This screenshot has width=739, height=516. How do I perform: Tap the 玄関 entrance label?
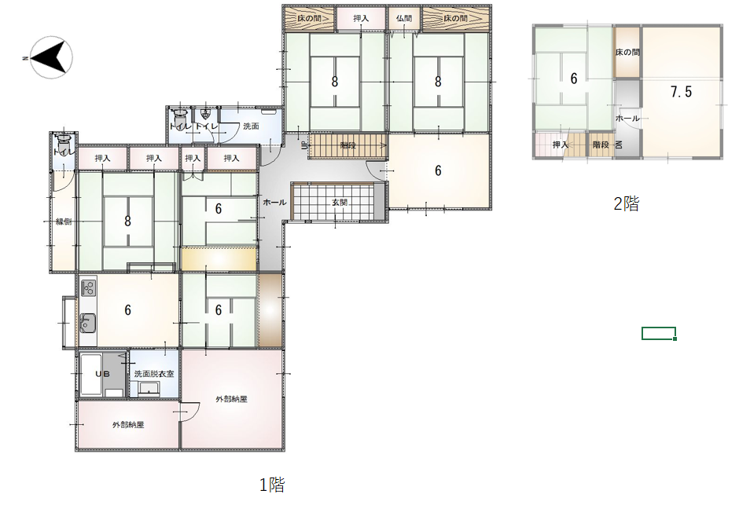(x=340, y=203)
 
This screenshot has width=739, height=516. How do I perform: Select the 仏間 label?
(x=404, y=18)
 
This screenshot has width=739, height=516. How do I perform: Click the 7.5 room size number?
(x=681, y=91)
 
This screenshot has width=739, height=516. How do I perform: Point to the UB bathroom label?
(x=102, y=374)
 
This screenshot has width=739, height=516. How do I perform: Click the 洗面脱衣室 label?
(x=154, y=374)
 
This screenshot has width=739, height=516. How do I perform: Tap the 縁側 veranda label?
(x=64, y=221)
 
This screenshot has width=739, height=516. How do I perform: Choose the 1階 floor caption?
(x=272, y=485)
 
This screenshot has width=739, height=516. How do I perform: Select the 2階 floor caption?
(x=627, y=203)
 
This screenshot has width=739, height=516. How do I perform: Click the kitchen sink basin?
(x=88, y=323)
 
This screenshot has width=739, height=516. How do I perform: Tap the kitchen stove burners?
(x=88, y=287)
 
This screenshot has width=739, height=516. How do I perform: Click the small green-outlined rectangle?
(x=659, y=333)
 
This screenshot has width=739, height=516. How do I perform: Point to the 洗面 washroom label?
(x=252, y=126)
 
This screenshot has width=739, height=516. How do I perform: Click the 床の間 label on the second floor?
(x=627, y=53)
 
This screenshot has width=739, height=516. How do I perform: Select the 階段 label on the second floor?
(x=601, y=145)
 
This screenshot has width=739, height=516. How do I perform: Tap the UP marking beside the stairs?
(x=304, y=145)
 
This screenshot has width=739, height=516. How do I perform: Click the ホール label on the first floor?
(x=274, y=203)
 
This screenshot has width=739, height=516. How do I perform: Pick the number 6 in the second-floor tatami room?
(x=574, y=79)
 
